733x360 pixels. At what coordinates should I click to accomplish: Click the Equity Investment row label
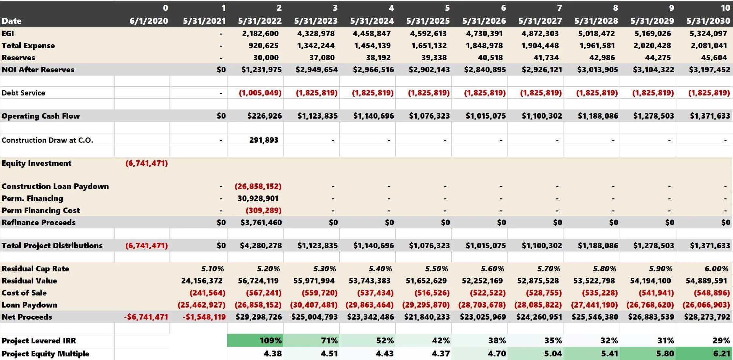pyautogui.click(x=37, y=163)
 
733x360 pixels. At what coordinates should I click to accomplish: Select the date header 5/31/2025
pyautogui.click(x=428, y=21)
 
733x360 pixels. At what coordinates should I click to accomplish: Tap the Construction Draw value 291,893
pyautogui.click(x=264, y=140)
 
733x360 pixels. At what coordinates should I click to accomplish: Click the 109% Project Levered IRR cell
pyautogui.click(x=271, y=340)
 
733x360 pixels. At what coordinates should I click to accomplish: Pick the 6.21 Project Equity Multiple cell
pyautogui.click(x=721, y=353)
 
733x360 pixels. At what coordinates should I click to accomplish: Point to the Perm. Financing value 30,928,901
pyautogui.click(x=258, y=198)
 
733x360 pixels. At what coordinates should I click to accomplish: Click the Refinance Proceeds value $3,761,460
pyautogui.click(x=261, y=223)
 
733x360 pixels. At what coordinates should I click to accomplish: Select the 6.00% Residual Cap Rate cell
pyautogui.click(x=716, y=269)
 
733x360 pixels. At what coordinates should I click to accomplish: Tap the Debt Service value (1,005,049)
pyautogui.click(x=260, y=93)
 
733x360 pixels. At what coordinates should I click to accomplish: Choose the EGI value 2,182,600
pyautogui.click(x=260, y=34)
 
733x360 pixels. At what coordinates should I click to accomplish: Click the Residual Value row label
pyautogui.click(x=29, y=281)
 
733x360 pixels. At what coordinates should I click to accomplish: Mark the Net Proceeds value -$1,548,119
pyautogui.click(x=204, y=317)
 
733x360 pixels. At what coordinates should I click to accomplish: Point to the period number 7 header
pyautogui.click(x=559, y=8)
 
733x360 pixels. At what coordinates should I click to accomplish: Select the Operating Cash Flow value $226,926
pyautogui.click(x=264, y=116)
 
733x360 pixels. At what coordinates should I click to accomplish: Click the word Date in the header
pyautogui.click(x=11, y=21)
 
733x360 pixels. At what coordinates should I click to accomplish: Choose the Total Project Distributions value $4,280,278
pyautogui.click(x=261, y=246)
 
